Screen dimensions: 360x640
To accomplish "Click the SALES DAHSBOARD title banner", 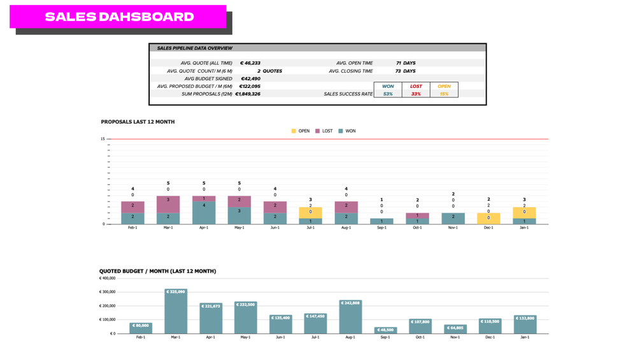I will point(118,17).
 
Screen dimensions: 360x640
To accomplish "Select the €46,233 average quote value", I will point(250,63).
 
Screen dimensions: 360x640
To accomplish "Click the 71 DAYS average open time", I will point(406,63).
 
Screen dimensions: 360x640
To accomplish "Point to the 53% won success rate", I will point(388,94).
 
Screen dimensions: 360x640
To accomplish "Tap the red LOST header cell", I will point(416,86).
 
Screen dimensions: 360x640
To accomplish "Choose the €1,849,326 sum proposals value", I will point(248,94).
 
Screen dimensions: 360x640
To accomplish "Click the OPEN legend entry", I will point(301,131).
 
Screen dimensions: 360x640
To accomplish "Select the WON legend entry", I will point(347,131).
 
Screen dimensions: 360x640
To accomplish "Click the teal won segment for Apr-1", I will point(204,213).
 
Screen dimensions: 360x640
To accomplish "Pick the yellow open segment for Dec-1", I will point(488,218).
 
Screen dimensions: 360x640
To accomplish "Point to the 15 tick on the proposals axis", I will point(103,139).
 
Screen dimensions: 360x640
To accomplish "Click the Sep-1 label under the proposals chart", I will point(381,228).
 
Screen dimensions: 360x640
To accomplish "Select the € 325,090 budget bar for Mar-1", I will point(176,312).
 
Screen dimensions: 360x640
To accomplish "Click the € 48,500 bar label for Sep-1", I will point(385,330).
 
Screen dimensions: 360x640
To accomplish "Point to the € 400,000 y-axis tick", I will point(107,278).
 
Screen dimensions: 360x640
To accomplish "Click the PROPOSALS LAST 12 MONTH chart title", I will point(138,122).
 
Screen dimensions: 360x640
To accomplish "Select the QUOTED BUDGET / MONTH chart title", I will point(157,271).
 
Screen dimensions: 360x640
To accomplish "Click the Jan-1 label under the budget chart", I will point(525,337).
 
